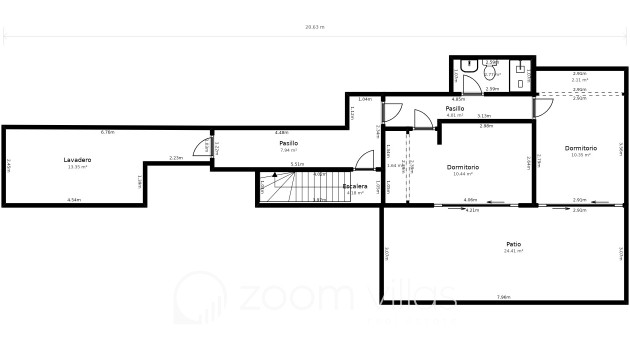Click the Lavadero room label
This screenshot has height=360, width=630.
click(77, 160)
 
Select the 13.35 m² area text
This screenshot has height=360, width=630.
click(77, 167)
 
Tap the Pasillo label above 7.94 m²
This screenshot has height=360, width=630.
click(288, 143)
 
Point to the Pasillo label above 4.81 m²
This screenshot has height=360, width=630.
click(456, 108)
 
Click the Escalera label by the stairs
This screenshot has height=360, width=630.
click(354, 186)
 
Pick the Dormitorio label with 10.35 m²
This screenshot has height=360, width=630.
click(580, 148)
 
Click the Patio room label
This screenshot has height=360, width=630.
click(513, 244)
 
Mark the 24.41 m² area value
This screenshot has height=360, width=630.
click(513, 251)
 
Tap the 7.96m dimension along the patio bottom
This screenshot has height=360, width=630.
click(503, 297)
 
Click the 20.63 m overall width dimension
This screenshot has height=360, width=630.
click(314, 27)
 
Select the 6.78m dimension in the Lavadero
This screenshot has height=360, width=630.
click(107, 132)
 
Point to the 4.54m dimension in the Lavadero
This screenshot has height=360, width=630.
click(74, 201)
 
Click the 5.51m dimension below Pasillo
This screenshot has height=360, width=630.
click(297, 164)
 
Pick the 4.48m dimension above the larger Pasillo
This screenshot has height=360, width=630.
click(282, 132)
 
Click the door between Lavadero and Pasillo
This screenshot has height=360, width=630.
click(205, 147)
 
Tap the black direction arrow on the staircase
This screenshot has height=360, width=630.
click(275, 176)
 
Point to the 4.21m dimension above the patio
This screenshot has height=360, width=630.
click(472, 210)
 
